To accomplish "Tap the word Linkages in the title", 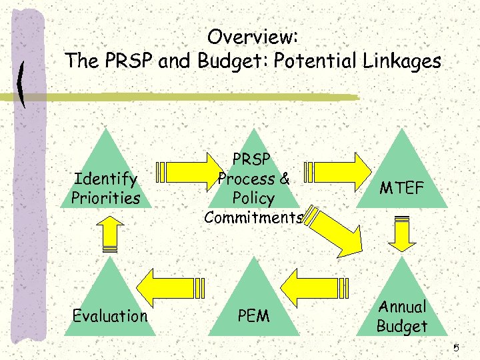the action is coord(403,61).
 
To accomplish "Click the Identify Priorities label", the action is coord(107,189).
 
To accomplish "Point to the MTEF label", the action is coord(401,189).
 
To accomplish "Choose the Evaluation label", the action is coord(110,315).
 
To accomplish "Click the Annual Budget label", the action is coord(401,317).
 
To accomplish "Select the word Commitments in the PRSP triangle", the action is coord(253,217).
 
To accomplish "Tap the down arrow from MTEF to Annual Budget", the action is coord(401,233).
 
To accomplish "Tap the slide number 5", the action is coord(457,348).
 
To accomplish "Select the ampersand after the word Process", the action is coord(285,179).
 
